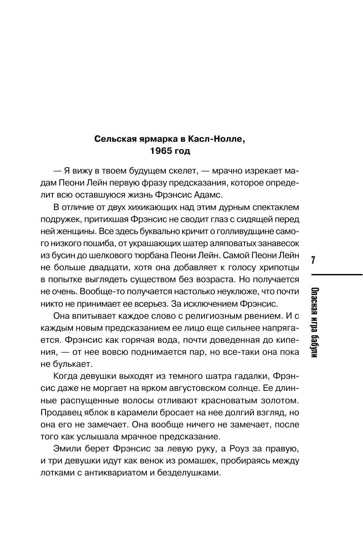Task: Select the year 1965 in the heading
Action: tap(161, 151)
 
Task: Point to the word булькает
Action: tap(72, 364)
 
